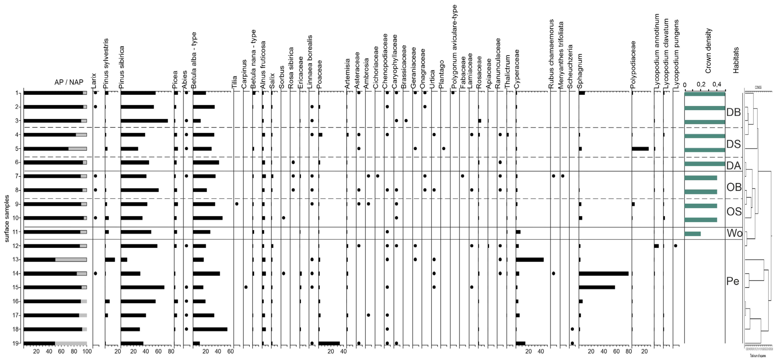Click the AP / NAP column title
[x=69, y=82]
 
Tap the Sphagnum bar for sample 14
[x=603, y=273]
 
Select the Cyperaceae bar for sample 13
[x=530, y=259]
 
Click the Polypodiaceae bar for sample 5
[x=640, y=149]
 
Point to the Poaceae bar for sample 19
[x=329, y=343]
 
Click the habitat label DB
[x=733, y=112]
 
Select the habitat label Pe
[x=733, y=281]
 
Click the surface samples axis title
[x=7, y=218]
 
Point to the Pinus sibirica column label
[x=122, y=67]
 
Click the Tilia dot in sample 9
[x=237, y=204]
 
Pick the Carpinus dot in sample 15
[x=246, y=287]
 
